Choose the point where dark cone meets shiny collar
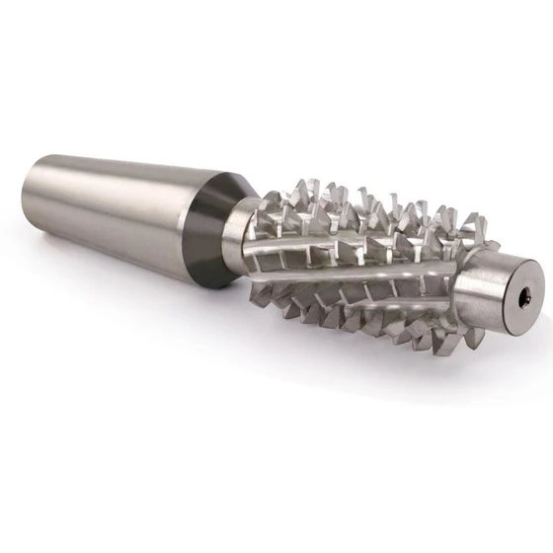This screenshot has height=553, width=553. pos(229,233)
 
